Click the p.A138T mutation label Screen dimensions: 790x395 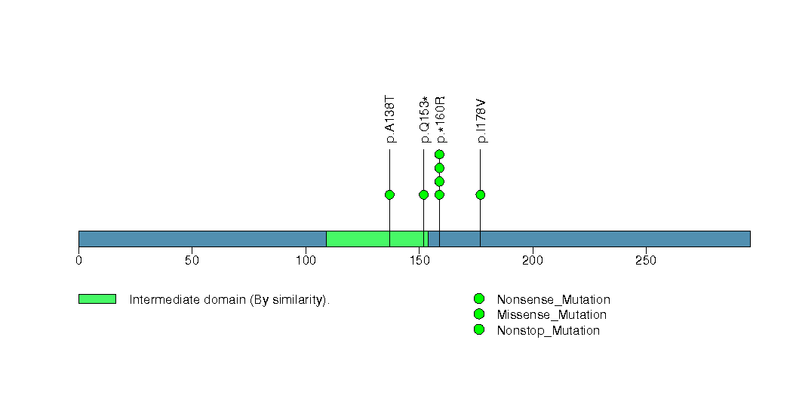tap(390, 119)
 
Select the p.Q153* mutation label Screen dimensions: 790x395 tap(424, 119)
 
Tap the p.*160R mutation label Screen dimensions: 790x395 tap(440, 119)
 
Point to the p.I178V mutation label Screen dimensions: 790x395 tap(481, 121)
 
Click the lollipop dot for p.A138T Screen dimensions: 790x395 tap(389, 194)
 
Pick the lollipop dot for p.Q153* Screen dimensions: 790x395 tap(424, 194)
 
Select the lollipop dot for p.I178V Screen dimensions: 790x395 tap(480, 194)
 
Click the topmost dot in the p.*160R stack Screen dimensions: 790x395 tap(439, 155)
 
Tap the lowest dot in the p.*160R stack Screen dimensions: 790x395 tap(439, 194)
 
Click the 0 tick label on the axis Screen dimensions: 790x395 tap(78, 260)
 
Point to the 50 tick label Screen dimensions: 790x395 tap(192, 260)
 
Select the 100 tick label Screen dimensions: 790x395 tap(306, 260)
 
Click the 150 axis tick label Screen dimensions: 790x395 tap(419, 260)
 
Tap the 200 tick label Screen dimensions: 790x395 tap(533, 260)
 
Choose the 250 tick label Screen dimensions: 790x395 tap(646, 260)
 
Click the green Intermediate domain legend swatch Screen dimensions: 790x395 tap(97, 299)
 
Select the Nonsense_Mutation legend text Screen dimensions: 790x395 tap(553, 300)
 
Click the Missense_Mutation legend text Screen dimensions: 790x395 tap(552, 315)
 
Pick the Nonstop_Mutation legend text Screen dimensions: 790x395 tap(548, 331)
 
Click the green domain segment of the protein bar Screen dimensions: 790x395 tap(377, 239)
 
